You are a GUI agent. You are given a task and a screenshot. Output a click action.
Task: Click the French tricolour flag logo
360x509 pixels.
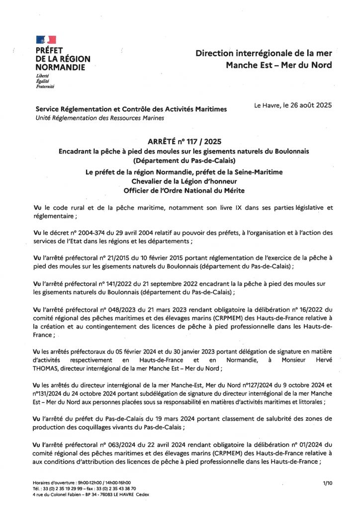pyautogui.click(x=46, y=40)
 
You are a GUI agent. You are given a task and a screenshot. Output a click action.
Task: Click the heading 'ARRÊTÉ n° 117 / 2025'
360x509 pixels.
pyautogui.click(x=180, y=141)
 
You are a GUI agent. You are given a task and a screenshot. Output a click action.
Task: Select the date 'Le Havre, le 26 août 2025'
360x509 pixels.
pyautogui.click(x=292, y=105)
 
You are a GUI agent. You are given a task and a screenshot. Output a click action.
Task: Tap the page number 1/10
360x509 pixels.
pyautogui.click(x=327, y=483)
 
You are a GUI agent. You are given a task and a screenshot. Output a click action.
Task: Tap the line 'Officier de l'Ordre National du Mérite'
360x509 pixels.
pyautogui.click(x=180, y=190)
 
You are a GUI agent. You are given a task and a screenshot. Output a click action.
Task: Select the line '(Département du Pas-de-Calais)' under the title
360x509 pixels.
pyautogui.click(x=180, y=161)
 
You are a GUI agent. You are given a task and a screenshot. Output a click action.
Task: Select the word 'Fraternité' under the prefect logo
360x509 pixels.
pyautogui.click(x=45, y=86)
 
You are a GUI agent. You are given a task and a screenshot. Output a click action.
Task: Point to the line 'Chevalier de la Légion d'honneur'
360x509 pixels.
pyautogui.click(x=180, y=181)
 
